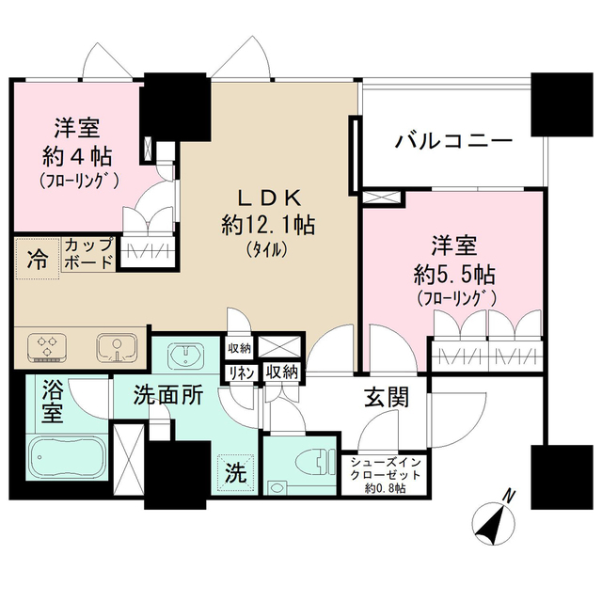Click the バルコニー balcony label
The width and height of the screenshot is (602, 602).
[454, 143]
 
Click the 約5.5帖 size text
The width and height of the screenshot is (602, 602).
[453, 276]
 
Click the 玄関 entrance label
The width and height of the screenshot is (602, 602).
[386, 398]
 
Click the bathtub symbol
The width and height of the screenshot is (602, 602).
[65, 461]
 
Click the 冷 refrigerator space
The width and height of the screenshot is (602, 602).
[37, 258]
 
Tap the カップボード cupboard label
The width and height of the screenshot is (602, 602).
[87, 253]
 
